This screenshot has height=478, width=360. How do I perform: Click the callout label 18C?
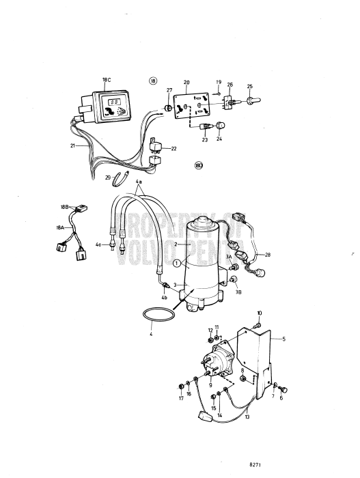coord(106,80)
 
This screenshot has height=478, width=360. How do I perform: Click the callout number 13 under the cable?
coord(247,417)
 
